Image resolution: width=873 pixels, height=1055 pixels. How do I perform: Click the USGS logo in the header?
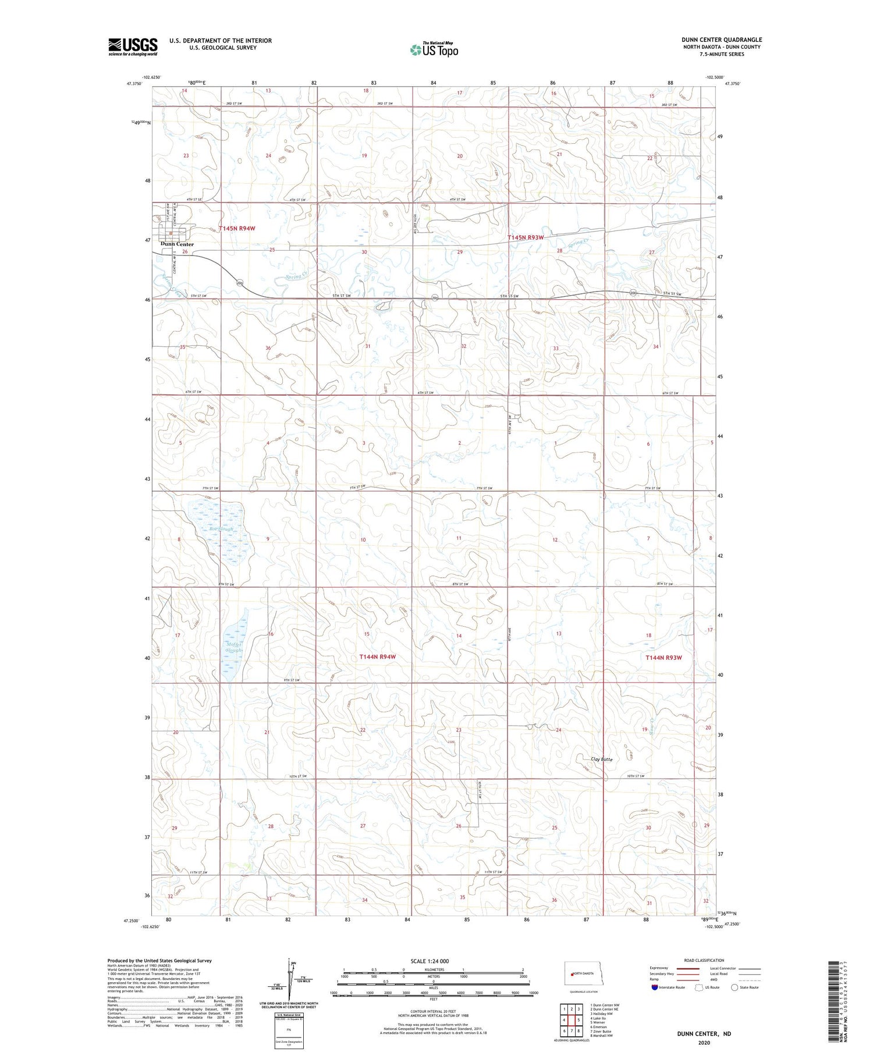coord(133,46)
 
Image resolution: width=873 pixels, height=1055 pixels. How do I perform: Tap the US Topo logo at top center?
coord(434,49)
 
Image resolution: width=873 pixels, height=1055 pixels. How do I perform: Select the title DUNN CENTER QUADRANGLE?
coord(722,40)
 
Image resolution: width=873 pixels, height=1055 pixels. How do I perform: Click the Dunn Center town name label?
coord(177,244)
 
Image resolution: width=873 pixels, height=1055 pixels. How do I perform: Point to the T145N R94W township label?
coord(237,229)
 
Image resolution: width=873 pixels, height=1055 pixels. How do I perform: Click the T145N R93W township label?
coord(525,237)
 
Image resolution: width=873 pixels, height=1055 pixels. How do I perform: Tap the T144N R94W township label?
coord(377,657)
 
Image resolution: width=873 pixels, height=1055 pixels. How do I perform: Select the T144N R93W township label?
coord(663,658)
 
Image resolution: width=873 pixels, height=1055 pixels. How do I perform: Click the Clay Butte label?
coord(602,759)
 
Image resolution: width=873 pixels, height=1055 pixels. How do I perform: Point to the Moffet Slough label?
coord(233,646)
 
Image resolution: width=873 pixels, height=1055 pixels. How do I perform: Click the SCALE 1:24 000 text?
coord(430,961)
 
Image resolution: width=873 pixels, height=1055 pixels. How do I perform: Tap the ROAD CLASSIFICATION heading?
coord(704,960)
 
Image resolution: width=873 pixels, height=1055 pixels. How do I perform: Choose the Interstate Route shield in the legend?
coord(655,987)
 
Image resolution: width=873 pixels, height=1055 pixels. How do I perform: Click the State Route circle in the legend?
coord(734,987)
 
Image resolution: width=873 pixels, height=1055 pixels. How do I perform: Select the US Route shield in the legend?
coord(698,987)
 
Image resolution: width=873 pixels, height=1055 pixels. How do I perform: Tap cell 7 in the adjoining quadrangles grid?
coord(572,1031)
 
